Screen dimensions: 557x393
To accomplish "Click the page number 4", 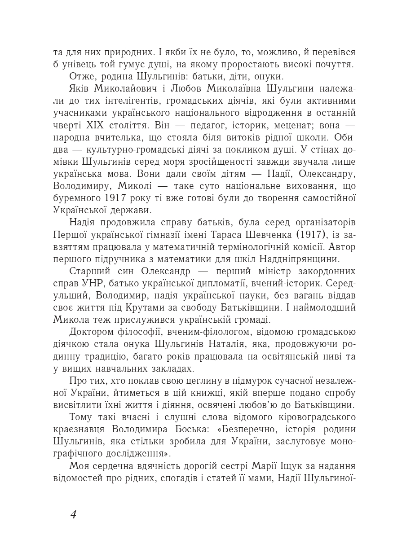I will click(x=73, y=514).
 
